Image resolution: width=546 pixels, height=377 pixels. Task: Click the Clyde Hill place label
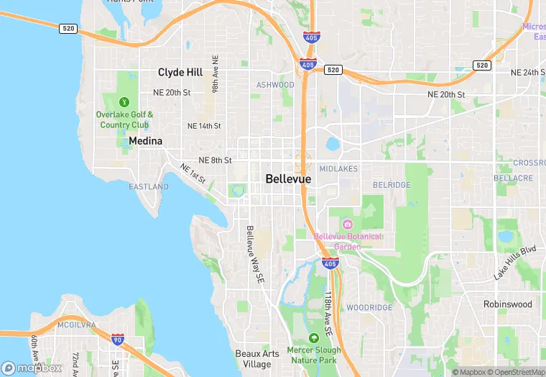180,72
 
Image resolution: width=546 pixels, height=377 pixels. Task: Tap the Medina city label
145,141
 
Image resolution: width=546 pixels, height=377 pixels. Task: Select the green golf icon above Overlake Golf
124,101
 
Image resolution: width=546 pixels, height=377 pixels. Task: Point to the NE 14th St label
204,126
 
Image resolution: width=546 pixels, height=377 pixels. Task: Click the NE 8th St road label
215,160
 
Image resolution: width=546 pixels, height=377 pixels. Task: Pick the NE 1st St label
193,173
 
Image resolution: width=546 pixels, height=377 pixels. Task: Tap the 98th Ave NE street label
215,73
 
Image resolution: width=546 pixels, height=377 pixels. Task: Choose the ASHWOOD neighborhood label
275,85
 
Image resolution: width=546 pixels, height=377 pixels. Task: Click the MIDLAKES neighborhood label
338,169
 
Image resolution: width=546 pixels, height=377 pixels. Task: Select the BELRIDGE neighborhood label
392,185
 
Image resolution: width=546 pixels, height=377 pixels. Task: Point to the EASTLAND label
149,187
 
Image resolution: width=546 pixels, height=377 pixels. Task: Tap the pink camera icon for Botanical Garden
348,224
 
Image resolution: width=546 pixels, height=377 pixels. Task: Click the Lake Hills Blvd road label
515,263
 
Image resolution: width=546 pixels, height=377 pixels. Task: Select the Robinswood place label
507,304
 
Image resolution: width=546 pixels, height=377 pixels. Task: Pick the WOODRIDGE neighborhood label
369,308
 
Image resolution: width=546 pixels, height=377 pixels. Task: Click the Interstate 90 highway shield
117,338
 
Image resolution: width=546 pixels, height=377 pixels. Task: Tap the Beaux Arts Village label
254,359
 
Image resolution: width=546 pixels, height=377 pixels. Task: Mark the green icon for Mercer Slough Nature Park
313,338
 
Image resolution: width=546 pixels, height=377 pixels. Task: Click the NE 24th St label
528,73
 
